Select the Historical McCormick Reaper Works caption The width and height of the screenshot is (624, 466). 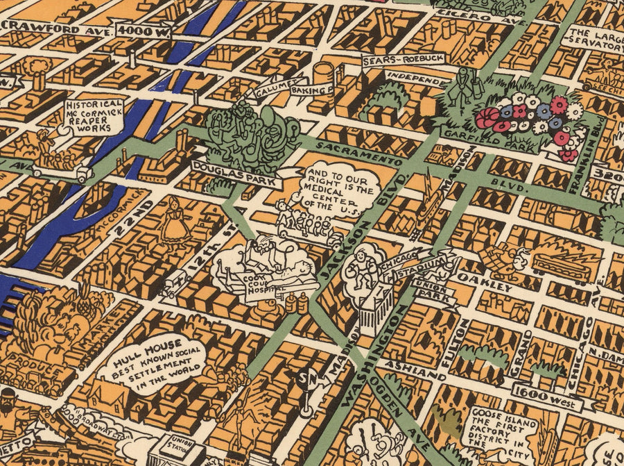pyautogui.click(x=94, y=115)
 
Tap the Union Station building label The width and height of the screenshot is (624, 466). pyautogui.click(x=182, y=442)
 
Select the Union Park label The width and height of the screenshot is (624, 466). pyautogui.click(x=434, y=292)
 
